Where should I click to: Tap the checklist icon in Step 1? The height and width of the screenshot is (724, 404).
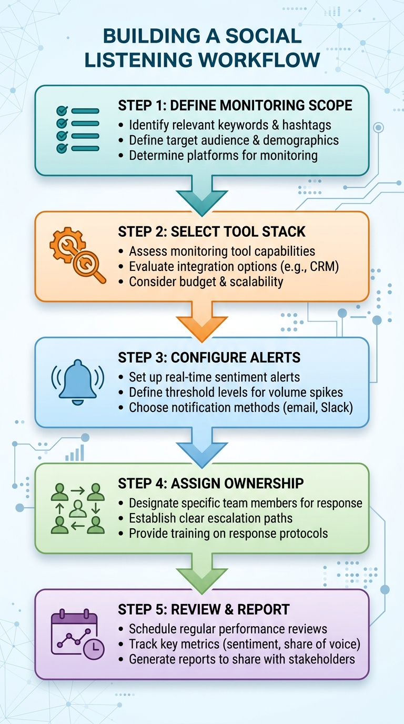point(77,130)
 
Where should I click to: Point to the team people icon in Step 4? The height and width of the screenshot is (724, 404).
point(77,508)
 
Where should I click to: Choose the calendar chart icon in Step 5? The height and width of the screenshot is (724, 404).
point(77,635)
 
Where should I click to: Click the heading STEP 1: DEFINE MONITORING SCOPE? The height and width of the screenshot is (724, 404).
point(235,105)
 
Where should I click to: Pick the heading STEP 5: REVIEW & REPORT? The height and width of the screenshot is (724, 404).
point(204,609)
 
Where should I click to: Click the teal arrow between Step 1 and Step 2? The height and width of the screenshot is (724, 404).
point(202,195)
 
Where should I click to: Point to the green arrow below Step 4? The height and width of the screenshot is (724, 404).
point(202,572)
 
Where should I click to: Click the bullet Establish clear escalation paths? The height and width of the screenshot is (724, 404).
point(210,518)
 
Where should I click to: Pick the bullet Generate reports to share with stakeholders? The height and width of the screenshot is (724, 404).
point(242,659)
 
